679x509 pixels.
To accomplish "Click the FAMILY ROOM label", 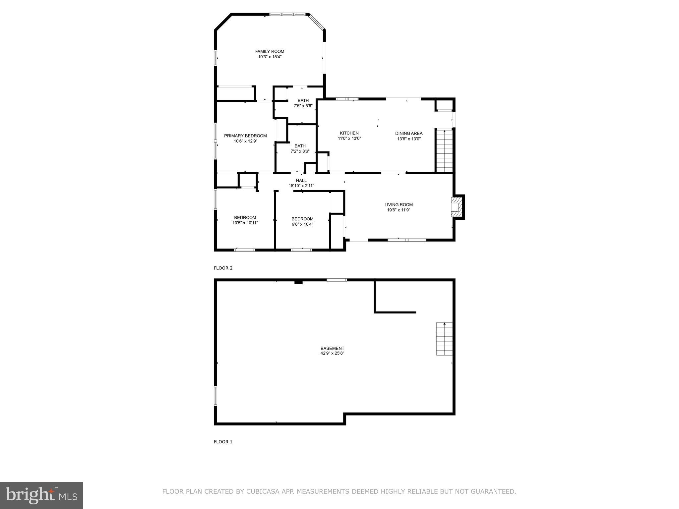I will (270, 51).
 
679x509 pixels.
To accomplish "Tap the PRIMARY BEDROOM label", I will (245, 136).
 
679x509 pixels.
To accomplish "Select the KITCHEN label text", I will (349, 133).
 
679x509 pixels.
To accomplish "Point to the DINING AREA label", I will (409, 134).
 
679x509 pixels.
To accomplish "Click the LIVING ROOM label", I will (399, 205).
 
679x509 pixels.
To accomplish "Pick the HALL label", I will (301, 181).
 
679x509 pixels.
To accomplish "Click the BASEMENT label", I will (332, 348).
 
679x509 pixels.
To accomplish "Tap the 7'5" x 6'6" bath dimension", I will (303, 106).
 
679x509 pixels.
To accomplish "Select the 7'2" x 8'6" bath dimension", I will (300, 151).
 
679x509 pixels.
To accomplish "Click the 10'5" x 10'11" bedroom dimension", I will (245, 223).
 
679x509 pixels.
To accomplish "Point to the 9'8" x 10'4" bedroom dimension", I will (302, 224).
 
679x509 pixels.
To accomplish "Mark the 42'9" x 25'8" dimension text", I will (332, 353).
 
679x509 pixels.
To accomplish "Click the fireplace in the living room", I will (457, 207).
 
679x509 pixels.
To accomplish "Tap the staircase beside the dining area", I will (444, 151).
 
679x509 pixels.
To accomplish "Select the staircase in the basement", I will (444, 339).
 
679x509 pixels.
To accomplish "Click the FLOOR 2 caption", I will (223, 268).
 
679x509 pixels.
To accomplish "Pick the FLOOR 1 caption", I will (223, 442).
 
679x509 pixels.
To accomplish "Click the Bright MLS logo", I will (41, 495).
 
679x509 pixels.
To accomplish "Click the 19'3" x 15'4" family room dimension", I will (270, 57).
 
